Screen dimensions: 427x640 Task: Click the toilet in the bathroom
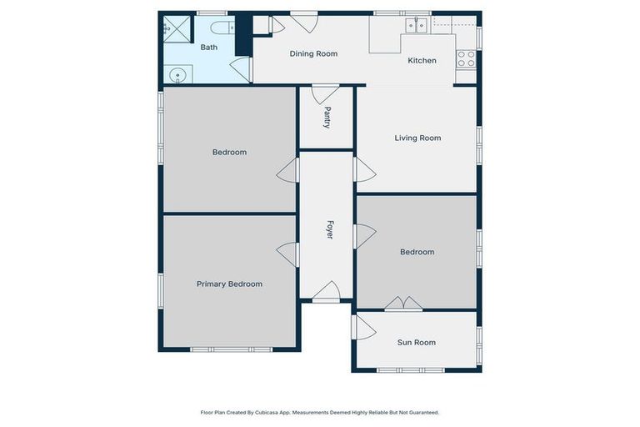(x=221, y=27)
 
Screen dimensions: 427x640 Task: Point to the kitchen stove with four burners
(x=466, y=58)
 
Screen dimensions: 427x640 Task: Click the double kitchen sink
(x=417, y=25)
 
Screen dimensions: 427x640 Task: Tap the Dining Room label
(x=313, y=54)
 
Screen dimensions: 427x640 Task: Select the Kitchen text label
(x=422, y=61)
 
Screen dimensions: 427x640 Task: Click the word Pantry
(x=327, y=118)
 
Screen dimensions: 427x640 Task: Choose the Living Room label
(x=417, y=138)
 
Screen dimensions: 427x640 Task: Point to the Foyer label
(x=329, y=230)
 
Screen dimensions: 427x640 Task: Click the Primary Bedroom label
(x=229, y=284)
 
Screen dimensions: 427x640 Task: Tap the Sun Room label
(x=416, y=343)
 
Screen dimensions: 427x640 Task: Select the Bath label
(x=208, y=48)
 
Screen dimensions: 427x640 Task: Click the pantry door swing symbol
(x=325, y=92)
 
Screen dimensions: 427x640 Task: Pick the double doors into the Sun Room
(x=403, y=304)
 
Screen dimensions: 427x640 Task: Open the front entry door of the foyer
(x=327, y=292)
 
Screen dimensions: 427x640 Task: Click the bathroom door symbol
(x=242, y=69)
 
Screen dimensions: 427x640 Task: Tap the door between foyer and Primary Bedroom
(x=288, y=254)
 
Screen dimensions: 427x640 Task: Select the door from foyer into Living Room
(x=363, y=170)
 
